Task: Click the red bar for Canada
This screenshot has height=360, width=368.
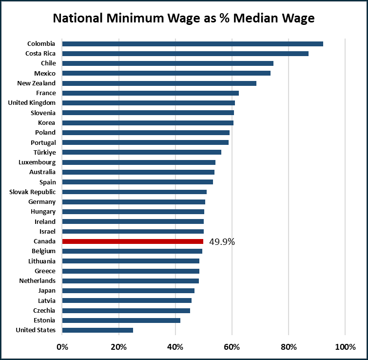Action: click(x=133, y=241)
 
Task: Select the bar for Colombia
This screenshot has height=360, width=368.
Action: click(x=193, y=43)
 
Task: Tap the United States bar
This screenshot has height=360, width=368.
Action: click(x=97, y=330)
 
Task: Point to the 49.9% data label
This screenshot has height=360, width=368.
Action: click(x=222, y=241)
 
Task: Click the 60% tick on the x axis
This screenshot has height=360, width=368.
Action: click(x=232, y=347)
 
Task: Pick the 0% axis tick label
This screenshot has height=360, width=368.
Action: click(x=62, y=347)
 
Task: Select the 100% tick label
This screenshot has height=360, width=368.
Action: click(x=345, y=347)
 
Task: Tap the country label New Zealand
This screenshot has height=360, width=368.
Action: click(x=37, y=83)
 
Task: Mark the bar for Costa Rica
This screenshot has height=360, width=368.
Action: click(x=185, y=53)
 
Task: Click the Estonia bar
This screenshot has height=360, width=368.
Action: click(x=121, y=320)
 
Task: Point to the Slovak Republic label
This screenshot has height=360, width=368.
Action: click(x=33, y=192)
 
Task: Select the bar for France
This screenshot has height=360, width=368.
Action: click(x=151, y=93)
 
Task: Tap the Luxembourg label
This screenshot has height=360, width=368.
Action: click(x=37, y=162)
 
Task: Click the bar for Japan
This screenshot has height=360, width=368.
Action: click(x=128, y=290)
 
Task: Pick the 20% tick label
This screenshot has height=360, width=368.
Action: click(x=119, y=347)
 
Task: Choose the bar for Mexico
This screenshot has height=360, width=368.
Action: click(x=166, y=73)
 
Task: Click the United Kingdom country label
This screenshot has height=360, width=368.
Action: click(x=32, y=102)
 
